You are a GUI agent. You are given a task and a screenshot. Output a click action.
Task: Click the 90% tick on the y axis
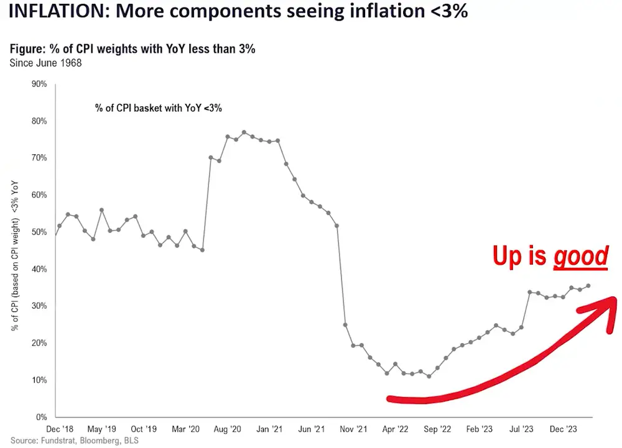39,84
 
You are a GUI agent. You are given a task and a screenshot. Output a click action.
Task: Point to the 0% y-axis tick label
41,417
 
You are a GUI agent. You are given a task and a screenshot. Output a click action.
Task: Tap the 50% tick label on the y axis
39,232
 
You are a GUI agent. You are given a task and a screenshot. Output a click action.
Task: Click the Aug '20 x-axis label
228,429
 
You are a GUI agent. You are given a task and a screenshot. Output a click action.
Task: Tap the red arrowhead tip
616,299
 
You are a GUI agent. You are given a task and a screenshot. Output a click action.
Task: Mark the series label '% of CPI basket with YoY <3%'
159,107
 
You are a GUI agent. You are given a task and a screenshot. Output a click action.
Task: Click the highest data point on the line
244,132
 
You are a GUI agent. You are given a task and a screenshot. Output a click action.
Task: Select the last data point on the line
588,286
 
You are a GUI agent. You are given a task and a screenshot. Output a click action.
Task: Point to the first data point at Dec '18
56,234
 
